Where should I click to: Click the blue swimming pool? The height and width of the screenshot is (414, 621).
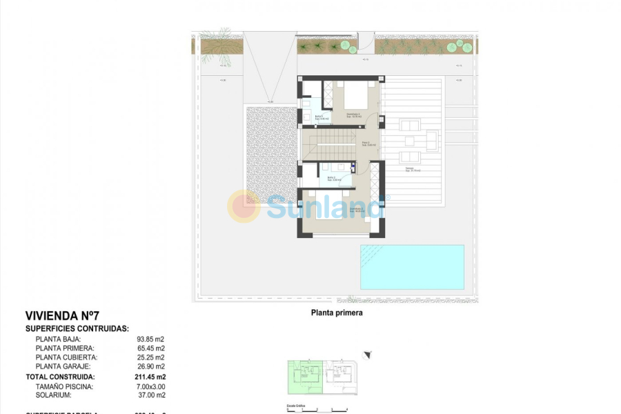tap(412, 266)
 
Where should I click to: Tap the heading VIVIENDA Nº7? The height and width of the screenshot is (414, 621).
tap(62, 315)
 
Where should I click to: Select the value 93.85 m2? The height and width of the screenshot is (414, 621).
tap(151, 339)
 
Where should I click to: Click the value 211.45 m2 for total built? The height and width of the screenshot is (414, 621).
tap(150, 377)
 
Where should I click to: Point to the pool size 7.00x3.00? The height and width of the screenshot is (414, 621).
tap(151, 386)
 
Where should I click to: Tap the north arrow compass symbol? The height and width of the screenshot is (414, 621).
tap(367, 355)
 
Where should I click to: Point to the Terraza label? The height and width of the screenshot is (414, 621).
tap(412, 169)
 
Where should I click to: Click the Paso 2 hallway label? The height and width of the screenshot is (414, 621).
tap(368, 144)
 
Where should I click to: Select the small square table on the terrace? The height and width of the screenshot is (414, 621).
tap(410, 141)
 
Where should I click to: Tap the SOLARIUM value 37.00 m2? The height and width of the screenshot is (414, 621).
tap(151, 395)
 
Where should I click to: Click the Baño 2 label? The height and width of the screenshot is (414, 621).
tap(331, 178)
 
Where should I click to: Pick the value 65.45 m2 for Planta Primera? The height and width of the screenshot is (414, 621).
tap(151, 348)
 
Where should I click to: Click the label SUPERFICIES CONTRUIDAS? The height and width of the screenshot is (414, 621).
tap(77, 329)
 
